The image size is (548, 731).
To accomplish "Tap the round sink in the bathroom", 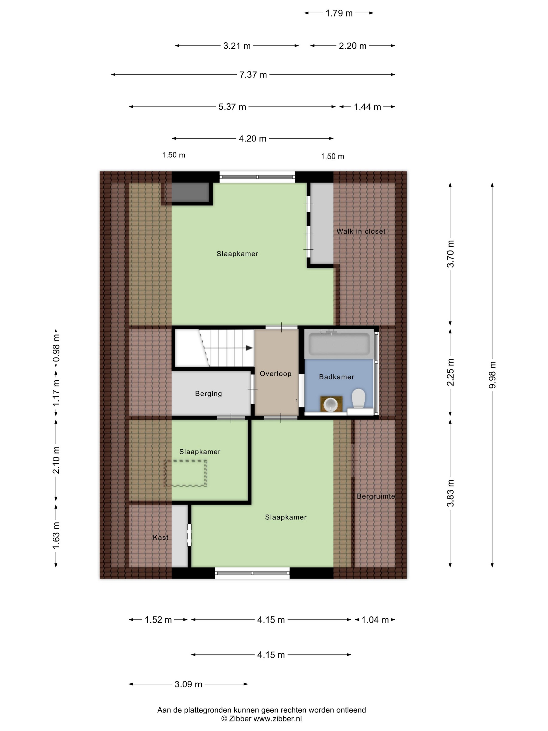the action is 331,404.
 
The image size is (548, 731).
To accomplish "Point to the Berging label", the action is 209,394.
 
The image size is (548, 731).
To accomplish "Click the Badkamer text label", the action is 337,377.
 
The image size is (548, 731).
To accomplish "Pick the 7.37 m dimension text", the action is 253,75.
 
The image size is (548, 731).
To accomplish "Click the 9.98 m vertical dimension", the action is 492,375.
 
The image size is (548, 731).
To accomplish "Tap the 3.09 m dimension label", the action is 188,684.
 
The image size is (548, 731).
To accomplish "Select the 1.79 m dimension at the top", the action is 339,13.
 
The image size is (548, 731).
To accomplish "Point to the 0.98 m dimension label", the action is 56,348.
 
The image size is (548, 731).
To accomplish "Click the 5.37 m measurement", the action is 232,107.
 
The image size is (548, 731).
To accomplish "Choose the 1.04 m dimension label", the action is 375,620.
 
